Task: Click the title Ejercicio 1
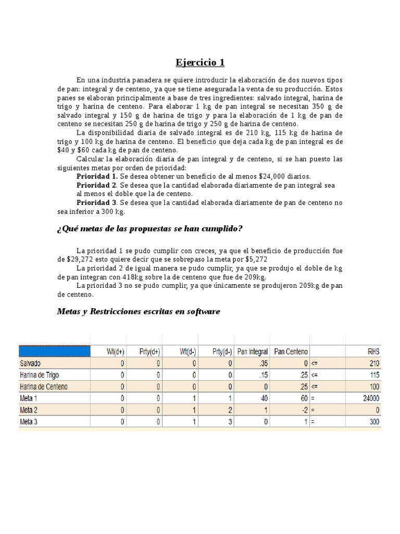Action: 200,63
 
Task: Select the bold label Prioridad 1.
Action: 96,177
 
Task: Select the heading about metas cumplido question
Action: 149,229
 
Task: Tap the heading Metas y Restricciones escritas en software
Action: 138,311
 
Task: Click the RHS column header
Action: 372,351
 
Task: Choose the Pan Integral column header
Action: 252,351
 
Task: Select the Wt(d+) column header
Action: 115,351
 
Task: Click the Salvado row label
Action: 32,363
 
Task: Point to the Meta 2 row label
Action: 30,410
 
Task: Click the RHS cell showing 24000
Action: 370,398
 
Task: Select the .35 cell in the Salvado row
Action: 262,363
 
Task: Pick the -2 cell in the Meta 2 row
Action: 303,410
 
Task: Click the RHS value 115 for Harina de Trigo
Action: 373,375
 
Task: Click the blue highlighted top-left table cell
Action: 55,351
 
